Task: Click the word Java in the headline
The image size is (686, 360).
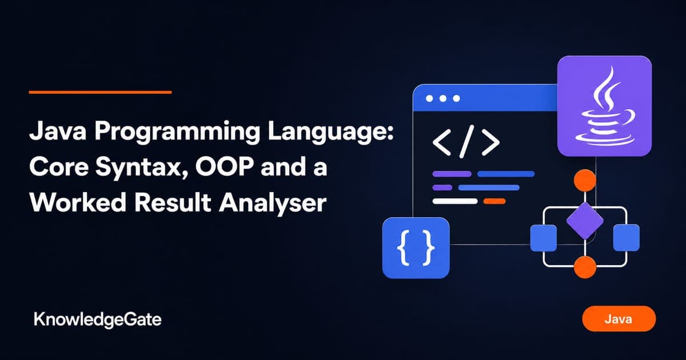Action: (58, 131)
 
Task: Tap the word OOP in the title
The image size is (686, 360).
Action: (225, 166)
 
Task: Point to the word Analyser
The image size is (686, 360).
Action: (273, 203)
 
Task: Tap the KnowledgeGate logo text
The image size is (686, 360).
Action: (98, 320)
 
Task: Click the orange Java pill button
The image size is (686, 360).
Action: (619, 319)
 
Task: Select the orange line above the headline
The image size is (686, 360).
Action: (100, 92)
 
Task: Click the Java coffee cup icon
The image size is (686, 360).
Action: (605, 106)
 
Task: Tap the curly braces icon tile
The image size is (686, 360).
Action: (416, 248)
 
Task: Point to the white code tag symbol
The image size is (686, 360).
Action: (466, 142)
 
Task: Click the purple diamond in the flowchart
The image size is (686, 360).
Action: (585, 221)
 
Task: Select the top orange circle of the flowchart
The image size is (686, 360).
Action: (585, 181)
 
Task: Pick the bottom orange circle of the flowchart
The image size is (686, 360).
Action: (585, 267)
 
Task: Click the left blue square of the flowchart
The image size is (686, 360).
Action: (543, 238)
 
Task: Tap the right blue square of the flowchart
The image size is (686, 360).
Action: (627, 238)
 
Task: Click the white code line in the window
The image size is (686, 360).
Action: (455, 201)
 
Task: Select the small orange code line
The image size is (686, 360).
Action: (494, 201)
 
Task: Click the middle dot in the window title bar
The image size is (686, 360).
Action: (443, 98)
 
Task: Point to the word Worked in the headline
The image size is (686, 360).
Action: (78, 202)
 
